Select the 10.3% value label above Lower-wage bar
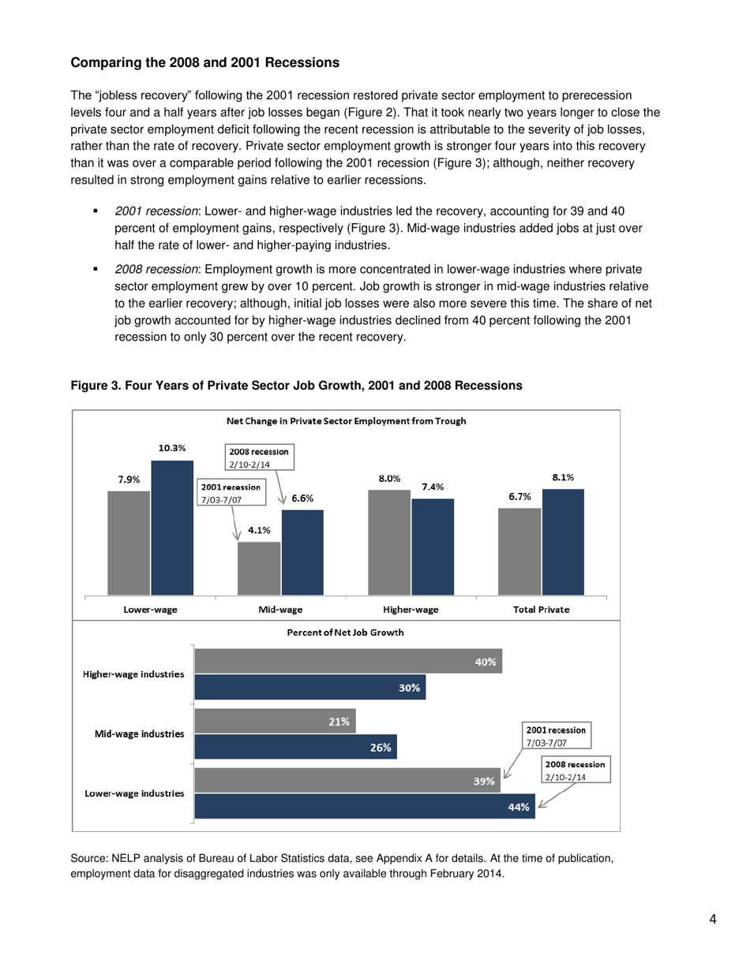click(x=172, y=447)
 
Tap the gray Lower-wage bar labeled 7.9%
click(x=129, y=543)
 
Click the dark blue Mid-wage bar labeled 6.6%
click(x=302, y=552)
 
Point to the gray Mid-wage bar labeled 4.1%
click(x=259, y=569)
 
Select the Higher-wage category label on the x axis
click(x=411, y=610)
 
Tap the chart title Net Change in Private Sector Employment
click(x=346, y=421)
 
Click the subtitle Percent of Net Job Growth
click(x=347, y=632)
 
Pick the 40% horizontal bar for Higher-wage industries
click(x=347, y=662)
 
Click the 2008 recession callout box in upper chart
click(x=260, y=458)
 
